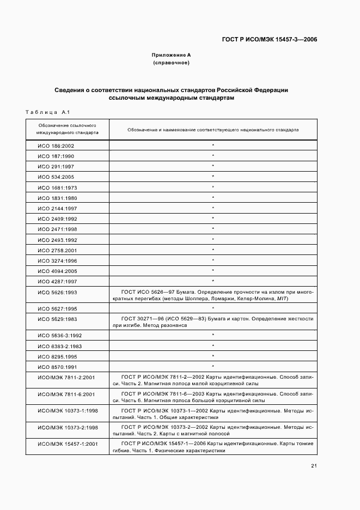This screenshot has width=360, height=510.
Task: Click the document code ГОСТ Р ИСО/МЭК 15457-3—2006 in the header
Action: [270, 39]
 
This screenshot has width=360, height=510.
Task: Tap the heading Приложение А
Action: [171, 55]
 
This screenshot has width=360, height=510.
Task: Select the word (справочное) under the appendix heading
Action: [171, 63]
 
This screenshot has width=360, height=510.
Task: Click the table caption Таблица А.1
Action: [46, 112]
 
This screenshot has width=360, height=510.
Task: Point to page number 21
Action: [314, 465]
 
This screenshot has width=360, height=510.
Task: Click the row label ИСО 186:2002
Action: [56, 146]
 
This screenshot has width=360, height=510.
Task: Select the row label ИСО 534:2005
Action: [56, 177]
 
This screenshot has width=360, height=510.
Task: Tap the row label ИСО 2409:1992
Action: [57, 218]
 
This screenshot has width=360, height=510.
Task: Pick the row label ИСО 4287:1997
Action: [57, 281]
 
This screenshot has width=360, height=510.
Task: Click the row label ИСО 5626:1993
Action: [57, 292]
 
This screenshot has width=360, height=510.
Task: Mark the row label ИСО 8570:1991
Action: [57, 366]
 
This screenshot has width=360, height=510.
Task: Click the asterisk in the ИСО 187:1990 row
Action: [213, 156]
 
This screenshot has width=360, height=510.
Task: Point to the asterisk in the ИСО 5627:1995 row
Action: [213, 307]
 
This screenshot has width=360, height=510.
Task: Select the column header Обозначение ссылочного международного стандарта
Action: [67, 129]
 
